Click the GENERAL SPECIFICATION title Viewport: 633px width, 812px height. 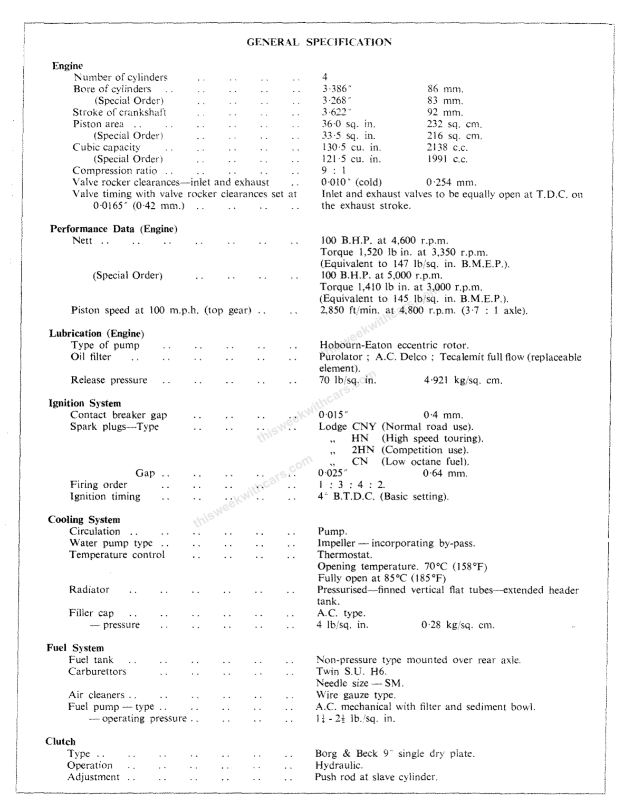pos(319,42)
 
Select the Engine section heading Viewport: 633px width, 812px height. pos(68,66)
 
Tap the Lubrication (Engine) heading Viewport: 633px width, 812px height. pos(97,333)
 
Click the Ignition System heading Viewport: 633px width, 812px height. pos(84,403)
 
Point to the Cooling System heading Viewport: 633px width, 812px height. pos(84,519)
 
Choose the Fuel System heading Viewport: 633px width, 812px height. pos(75,648)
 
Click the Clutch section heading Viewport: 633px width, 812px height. pos(60,741)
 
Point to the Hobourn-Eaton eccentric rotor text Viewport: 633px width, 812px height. pos(394,345)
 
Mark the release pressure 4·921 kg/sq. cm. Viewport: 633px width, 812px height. pos(463,380)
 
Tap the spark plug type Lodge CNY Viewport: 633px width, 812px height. pos(347,427)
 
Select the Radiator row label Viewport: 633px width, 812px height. pos(89,589)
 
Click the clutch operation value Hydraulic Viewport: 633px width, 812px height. pos(339,765)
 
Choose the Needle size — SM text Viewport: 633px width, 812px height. pos(360,683)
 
